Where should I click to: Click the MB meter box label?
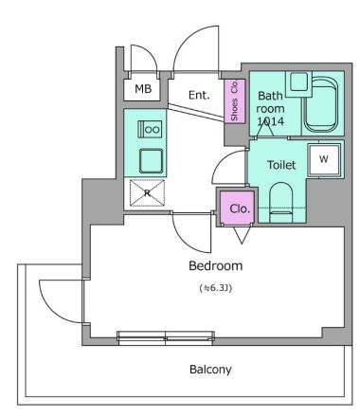point(142,89)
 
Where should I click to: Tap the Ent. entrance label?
point(198,95)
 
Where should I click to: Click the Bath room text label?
point(271,103)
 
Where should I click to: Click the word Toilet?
point(281,165)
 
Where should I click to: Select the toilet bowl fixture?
point(282,202)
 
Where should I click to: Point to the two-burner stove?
point(151,128)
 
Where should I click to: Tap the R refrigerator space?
point(147,193)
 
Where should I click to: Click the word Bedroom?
point(216,265)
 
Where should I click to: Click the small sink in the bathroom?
point(300,83)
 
